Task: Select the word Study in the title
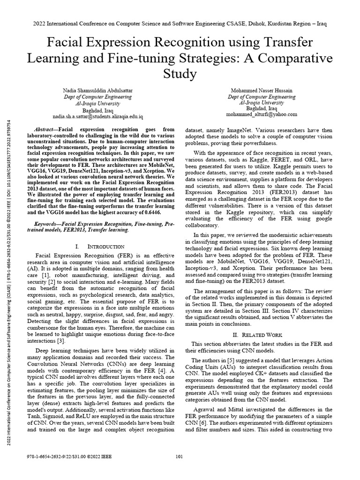(180, 74)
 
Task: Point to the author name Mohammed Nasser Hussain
(262, 90)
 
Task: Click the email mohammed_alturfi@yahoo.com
(262, 114)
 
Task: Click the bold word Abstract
(46, 129)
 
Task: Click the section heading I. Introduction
(99, 246)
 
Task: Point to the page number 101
(179, 469)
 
